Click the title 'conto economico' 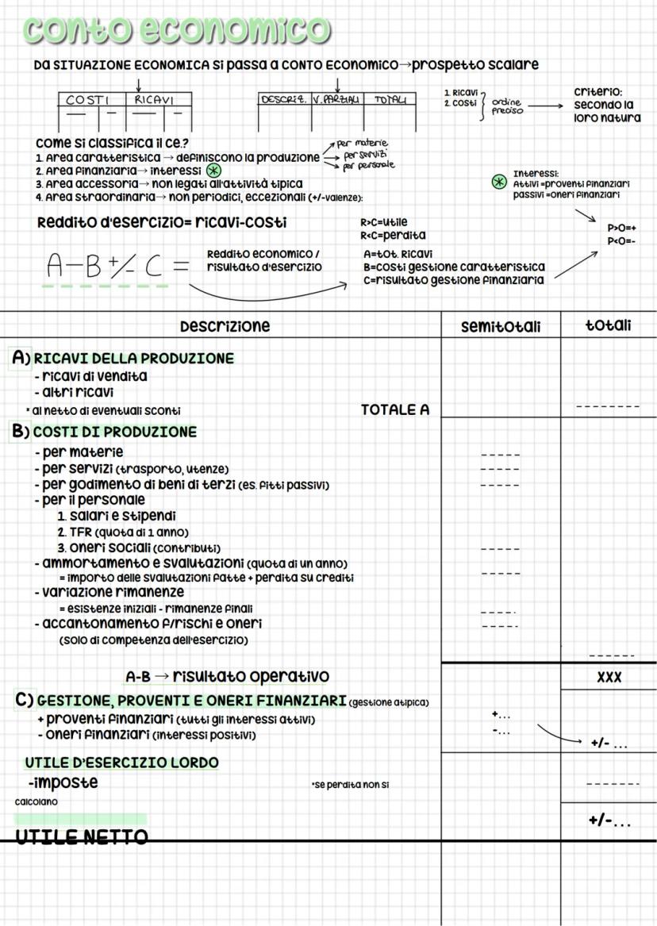tap(176, 29)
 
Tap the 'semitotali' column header tap(500, 327)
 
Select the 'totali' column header tap(609, 326)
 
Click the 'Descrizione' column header tap(225, 326)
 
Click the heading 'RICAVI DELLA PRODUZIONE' tap(133, 359)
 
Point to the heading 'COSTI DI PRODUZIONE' tap(115, 432)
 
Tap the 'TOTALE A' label tap(394, 410)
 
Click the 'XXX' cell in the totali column tap(609, 678)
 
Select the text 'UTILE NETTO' tap(82, 836)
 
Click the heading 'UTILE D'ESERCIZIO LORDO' tap(121, 763)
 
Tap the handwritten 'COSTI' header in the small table tap(86, 101)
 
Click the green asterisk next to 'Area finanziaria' tap(213, 171)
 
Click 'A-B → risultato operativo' tap(227, 676)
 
